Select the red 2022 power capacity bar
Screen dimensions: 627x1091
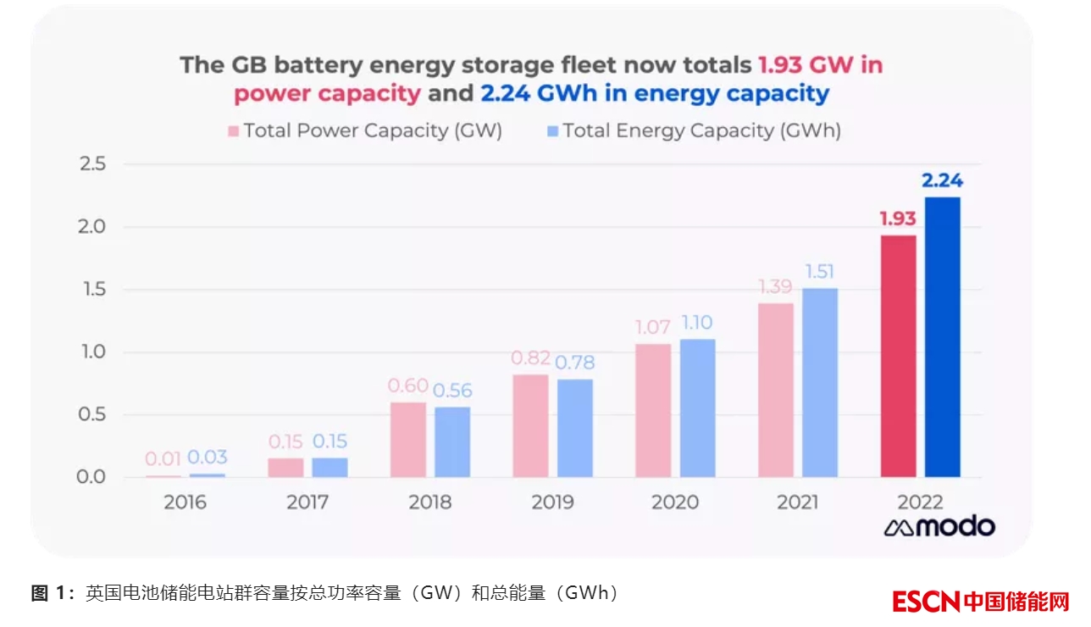point(899,356)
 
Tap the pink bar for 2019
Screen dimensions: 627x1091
point(530,425)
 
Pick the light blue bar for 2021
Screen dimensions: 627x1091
point(820,382)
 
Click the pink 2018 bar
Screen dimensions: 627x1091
point(408,439)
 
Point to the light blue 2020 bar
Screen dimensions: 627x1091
point(697,408)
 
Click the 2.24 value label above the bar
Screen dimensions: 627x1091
point(942,180)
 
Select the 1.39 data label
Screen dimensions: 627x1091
point(775,287)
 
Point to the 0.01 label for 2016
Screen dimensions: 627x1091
point(163,458)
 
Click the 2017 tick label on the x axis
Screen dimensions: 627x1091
point(307,502)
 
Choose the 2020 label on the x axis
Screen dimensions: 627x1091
point(675,502)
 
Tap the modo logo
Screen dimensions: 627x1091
point(939,527)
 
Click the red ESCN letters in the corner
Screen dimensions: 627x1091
point(926,602)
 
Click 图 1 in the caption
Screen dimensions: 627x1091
point(52,593)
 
